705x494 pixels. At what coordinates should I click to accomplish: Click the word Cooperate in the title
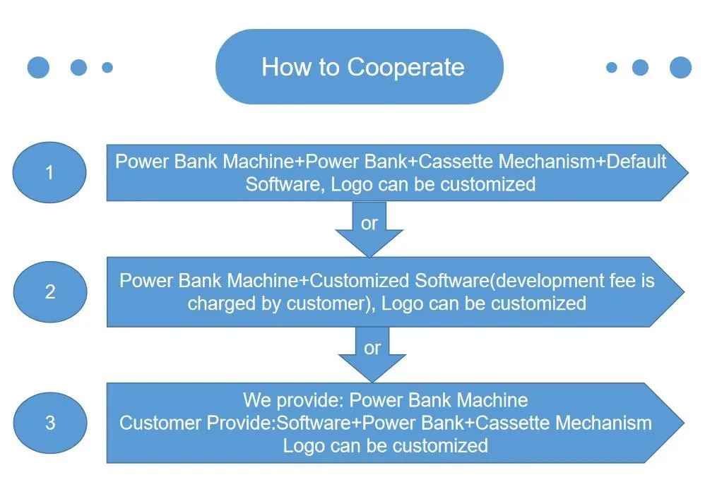[x=405, y=67]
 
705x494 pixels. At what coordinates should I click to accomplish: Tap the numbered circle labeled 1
[x=49, y=172]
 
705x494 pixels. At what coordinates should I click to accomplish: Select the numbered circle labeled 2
[x=50, y=292]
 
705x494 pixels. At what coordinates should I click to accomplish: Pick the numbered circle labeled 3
[x=50, y=423]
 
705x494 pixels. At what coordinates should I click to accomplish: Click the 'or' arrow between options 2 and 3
[x=372, y=354]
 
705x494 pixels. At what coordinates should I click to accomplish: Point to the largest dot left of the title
[x=38, y=67]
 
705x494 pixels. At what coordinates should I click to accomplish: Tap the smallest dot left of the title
[x=107, y=67]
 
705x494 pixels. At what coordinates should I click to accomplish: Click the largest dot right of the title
[x=680, y=67]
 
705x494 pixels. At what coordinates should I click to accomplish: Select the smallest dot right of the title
[x=612, y=67]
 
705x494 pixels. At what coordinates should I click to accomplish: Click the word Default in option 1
[x=636, y=161]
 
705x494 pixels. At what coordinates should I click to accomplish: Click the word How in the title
[x=287, y=67]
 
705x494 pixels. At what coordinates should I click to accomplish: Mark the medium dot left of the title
[x=78, y=67]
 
